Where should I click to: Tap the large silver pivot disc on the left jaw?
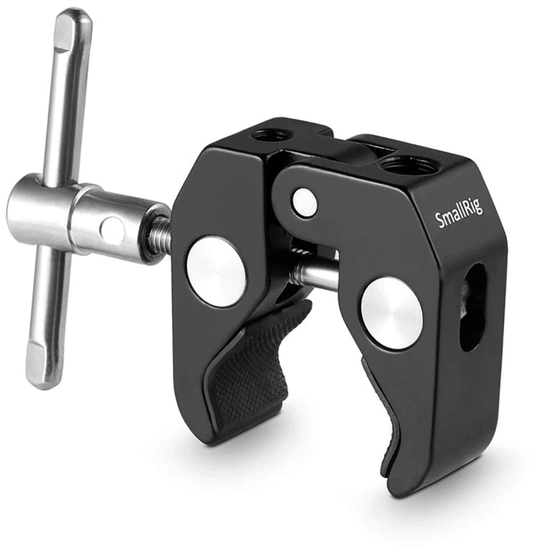coord(216,272)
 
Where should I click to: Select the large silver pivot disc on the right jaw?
coord(392,313)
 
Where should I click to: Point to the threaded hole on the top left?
coord(269,134)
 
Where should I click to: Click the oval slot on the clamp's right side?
coord(471,307)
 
